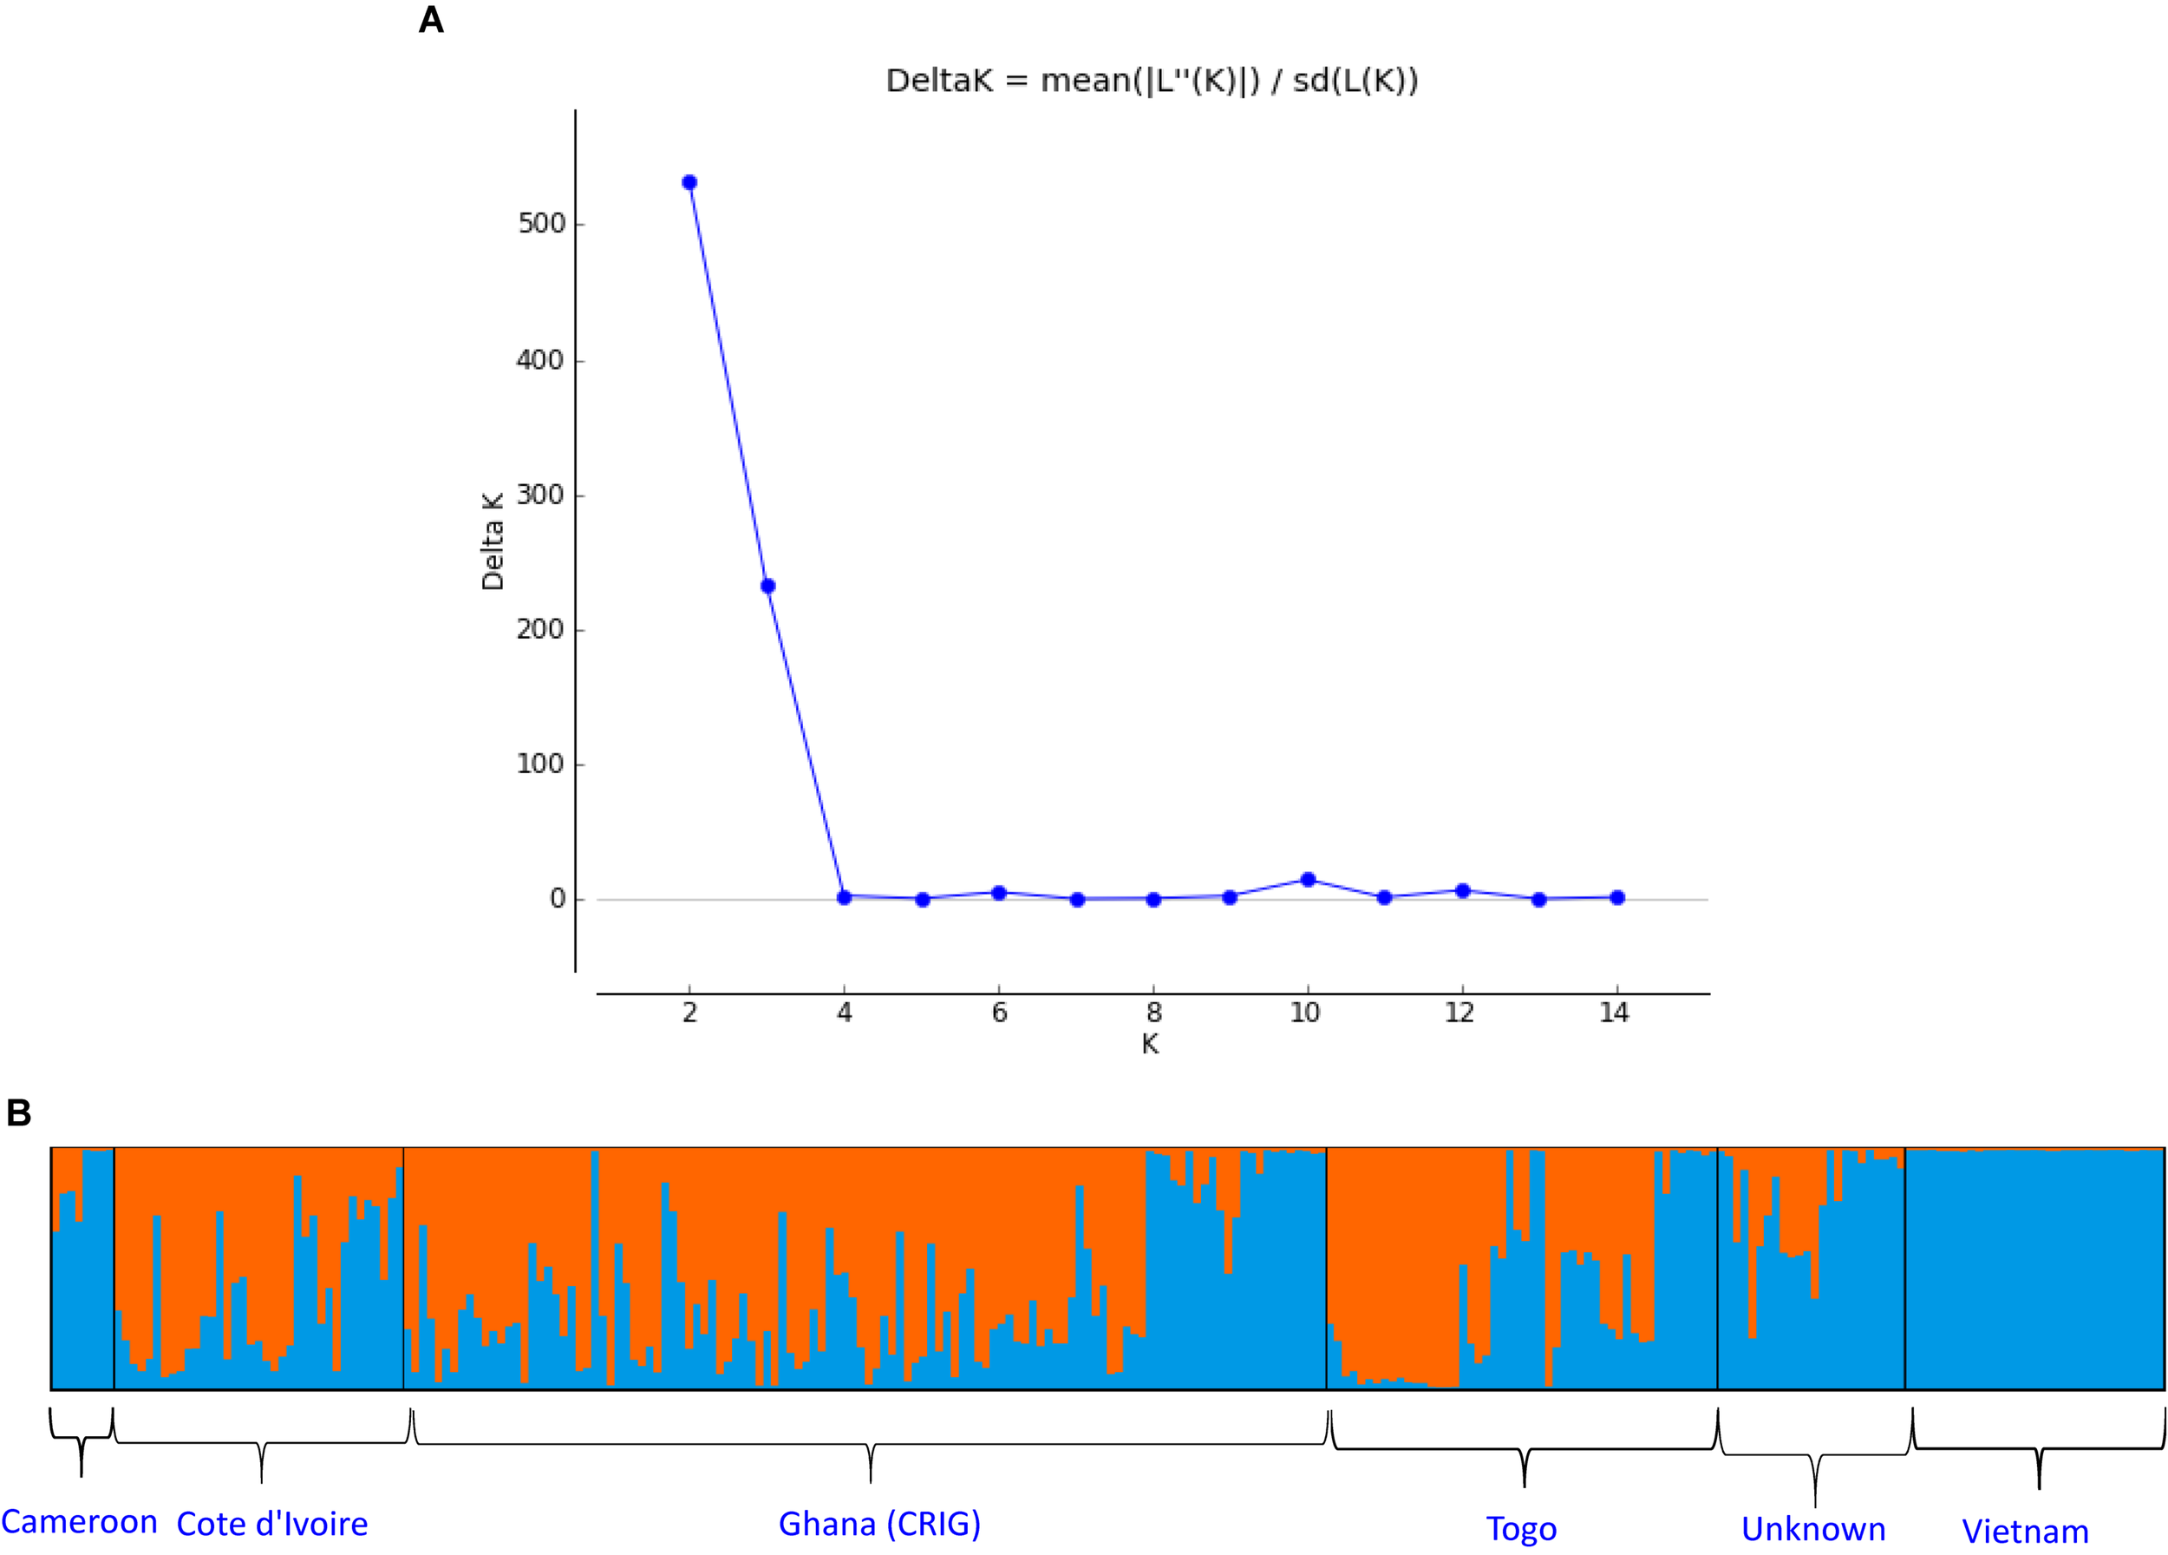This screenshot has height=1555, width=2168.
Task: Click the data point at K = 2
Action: (689, 182)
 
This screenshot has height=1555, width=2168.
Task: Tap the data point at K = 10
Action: (1309, 880)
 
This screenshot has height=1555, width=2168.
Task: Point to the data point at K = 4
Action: (844, 897)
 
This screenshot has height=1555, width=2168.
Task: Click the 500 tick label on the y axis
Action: (542, 224)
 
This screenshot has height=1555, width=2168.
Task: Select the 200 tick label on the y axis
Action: (541, 629)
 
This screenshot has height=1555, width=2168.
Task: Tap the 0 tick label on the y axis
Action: (558, 899)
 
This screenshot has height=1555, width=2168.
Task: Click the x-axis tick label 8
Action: (1153, 1013)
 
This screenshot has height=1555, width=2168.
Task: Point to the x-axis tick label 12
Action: (1459, 1013)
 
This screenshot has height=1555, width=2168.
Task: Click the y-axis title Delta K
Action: (493, 542)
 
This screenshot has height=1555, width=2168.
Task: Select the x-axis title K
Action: (1150, 1044)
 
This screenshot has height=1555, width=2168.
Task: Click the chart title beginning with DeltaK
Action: (1152, 82)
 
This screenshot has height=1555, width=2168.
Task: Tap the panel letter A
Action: (431, 21)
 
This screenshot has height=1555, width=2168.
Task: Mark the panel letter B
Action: (19, 1113)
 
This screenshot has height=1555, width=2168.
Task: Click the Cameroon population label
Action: (79, 1521)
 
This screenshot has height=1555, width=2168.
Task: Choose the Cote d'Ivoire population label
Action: (272, 1525)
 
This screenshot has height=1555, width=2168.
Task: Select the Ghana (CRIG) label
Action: (879, 1524)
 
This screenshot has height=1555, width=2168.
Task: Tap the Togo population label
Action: (1521, 1528)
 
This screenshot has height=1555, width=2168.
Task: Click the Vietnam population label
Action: (2025, 1531)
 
